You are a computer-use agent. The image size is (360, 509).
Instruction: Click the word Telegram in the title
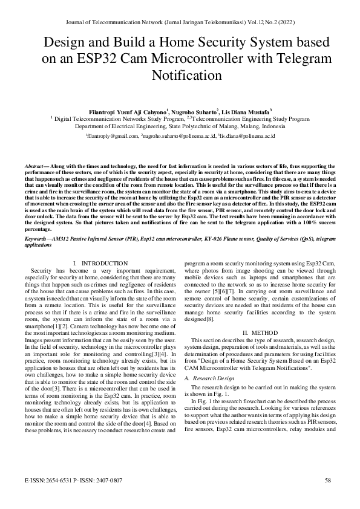(306, 59)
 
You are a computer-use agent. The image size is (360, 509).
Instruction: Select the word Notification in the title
(180, 76)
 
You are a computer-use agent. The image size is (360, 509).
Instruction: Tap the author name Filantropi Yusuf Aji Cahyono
(127, 112)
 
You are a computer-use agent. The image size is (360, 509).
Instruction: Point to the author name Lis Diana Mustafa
(246, 112)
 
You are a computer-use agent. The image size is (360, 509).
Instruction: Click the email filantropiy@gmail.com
(113, 137)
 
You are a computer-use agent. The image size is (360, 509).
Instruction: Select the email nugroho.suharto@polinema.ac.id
(178, 137)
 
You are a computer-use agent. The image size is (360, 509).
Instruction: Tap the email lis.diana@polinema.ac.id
(248, 137)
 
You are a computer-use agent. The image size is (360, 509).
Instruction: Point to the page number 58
(328, 481)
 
